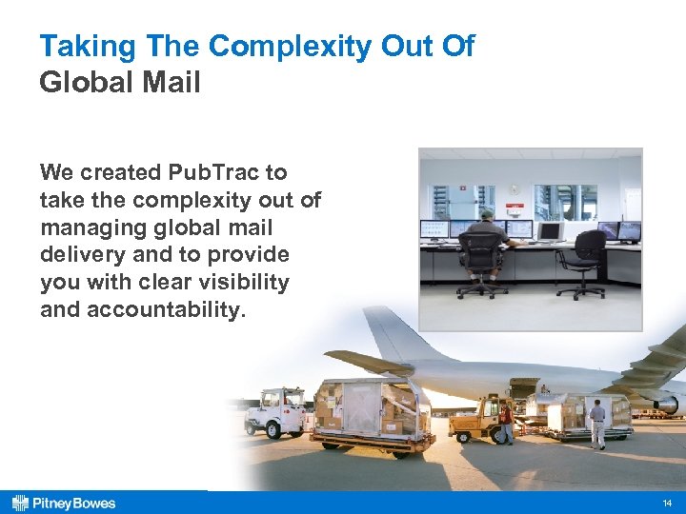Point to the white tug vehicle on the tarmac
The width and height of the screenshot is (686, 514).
coord(275,409)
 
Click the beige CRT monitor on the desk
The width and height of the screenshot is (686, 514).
coord(550,230)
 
